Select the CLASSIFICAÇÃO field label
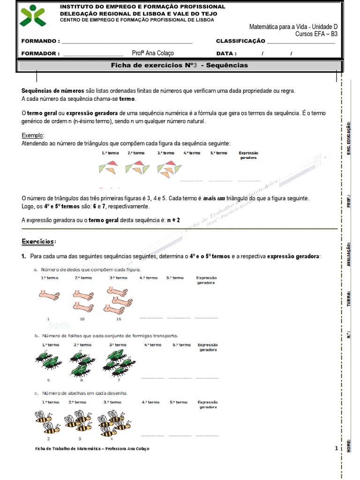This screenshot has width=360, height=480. [x=240, y=41]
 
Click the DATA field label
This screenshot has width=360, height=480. [x=226, y=53]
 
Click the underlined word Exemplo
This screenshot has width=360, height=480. [x=32, y=135]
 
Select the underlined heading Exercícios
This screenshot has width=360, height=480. [x=38, y=241]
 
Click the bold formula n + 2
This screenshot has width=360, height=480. [x=173, y=219]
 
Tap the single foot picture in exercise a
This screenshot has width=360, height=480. [x=48, y=295]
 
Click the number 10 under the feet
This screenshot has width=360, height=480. [x=82, y=319]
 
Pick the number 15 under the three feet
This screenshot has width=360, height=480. [x=119, y=319]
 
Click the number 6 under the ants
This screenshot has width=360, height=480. [x=82, y=380]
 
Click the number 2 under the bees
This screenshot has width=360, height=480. [x=48, y=439]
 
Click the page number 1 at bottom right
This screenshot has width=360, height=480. [x=337, y=449]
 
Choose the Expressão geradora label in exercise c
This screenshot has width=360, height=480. [x=208, y=405]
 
